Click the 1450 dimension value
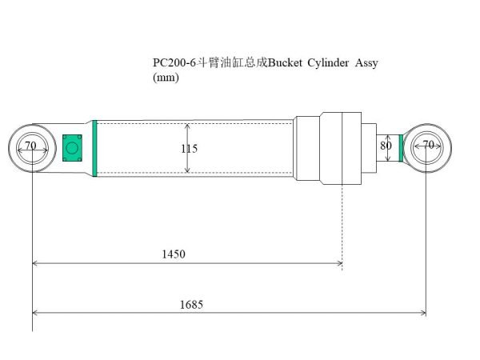point(173,254)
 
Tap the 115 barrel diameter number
point(189,148)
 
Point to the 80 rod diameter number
point(386,146)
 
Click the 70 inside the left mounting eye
point(30,146)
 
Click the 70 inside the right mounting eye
point(427,146)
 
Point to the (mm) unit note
point(165,78)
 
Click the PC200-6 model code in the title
point(174,64)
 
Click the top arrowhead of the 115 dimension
point(187,126)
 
